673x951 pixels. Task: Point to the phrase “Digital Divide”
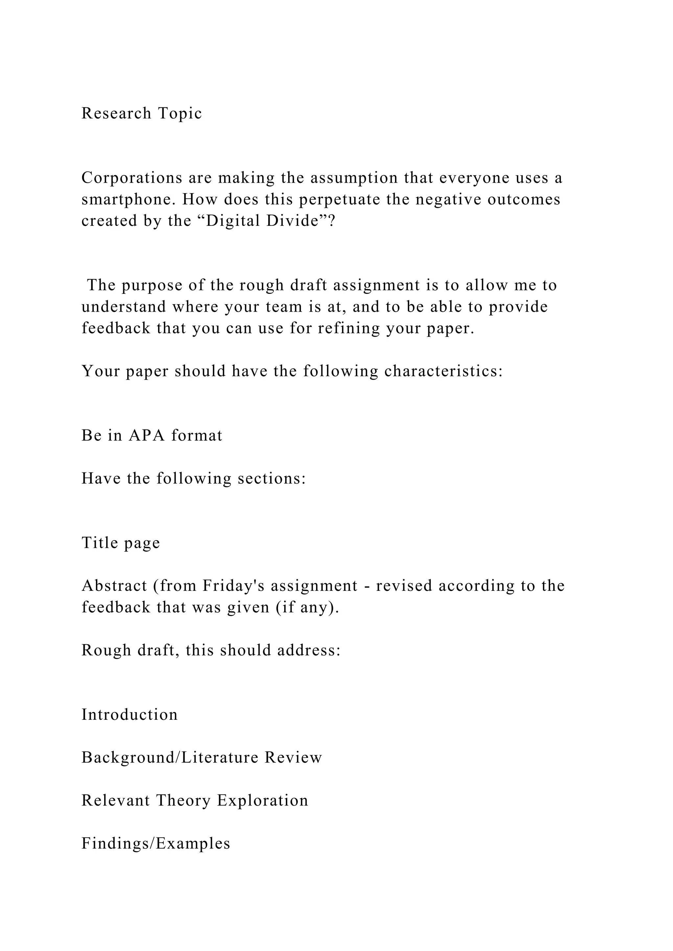pyautogui.click(x=262, y=221)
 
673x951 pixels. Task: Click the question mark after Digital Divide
pyautogui.click(x=331, y=221)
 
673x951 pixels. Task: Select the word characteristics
pyautogui.click(x=443, y=371)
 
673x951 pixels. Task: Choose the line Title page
pyautogui.click(x=121, y=543)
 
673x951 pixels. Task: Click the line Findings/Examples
pyautogui.click(x=156, y=844)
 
